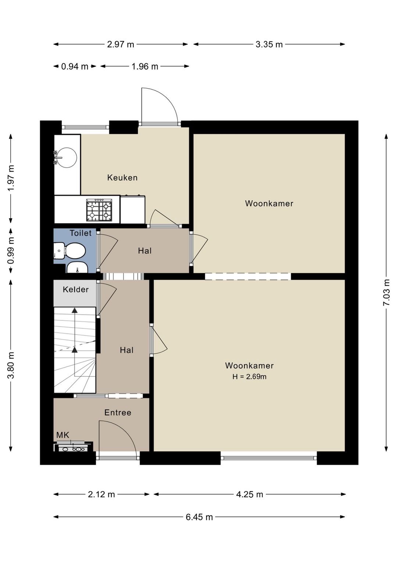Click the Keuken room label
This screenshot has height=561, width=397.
(x=122, y=178)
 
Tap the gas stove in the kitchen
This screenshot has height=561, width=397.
(x=99, y=210)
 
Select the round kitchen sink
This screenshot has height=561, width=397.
(x=67, y=158)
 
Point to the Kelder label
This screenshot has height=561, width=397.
(x=76, y=290)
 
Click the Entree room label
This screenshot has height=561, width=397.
(x=118, y=412)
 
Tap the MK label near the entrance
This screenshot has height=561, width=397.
(x=62, y=435)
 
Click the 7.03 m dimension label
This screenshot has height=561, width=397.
(x=387, y=292)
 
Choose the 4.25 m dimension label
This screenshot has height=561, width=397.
(x=250, y=494)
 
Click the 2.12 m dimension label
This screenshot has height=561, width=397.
(x=101, y=494)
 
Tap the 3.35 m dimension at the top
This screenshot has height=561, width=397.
(x=269, y=44)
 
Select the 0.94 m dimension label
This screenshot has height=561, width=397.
(x=75, y=67)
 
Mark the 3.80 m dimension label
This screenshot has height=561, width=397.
(x=11, y=365)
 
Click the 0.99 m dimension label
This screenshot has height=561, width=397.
(x=11, y=251)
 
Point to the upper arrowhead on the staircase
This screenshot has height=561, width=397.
(x=74, y=311)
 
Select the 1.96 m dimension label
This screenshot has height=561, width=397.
(x=145, y=67)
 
